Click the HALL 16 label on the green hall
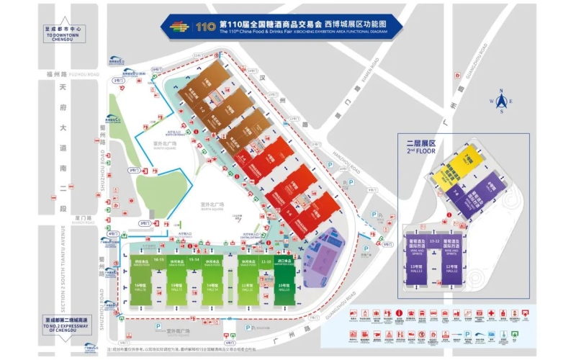point(140,287)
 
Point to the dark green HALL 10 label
point(284,288)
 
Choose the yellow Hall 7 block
point(466,160)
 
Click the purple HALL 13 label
point(417,269)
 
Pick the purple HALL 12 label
point(452,269)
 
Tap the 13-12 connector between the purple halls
point(434,242)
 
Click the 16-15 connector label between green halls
point(158,258)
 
